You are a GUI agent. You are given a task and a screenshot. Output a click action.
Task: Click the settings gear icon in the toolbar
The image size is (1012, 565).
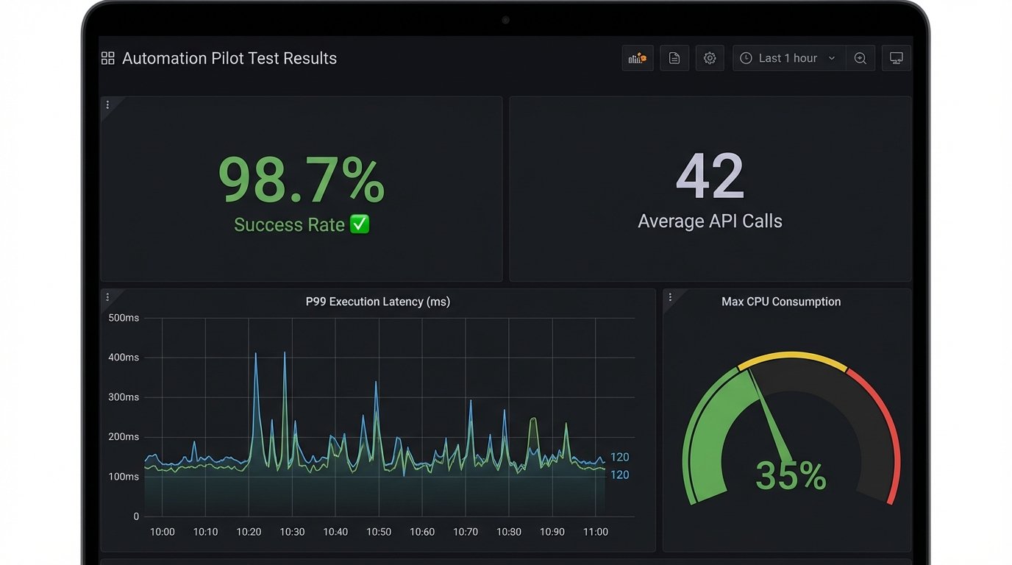710,58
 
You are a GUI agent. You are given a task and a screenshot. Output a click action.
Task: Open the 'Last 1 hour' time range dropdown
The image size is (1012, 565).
788,58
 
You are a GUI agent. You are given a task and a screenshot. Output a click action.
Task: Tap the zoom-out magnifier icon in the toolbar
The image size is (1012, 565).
860,58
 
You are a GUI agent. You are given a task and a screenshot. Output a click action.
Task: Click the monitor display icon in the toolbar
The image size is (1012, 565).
897,58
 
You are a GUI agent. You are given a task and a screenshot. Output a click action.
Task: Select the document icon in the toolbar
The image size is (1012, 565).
674,58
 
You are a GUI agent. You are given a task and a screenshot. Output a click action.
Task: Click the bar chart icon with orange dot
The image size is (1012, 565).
638,58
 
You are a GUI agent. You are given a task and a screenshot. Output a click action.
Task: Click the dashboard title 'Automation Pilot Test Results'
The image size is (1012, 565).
229,59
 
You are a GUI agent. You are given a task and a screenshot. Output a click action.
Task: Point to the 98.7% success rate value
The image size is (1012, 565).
302,180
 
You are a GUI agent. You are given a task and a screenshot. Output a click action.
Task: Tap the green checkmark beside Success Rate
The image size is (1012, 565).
360,224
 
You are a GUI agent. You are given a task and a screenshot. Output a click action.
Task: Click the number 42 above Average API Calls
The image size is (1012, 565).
710,177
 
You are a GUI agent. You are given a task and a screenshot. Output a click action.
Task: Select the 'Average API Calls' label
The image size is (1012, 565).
710,221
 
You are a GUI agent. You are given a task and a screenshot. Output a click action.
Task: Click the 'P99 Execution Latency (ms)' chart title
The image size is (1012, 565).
378,302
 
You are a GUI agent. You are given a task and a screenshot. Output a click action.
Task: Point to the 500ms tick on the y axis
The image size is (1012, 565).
124,318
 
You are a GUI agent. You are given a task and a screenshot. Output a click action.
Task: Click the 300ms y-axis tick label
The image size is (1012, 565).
124,397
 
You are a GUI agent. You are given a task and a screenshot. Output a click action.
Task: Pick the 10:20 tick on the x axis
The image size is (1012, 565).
249,532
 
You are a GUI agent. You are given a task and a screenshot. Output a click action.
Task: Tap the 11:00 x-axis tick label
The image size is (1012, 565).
595,532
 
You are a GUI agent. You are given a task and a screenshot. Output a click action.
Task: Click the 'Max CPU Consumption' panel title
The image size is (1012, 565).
781,302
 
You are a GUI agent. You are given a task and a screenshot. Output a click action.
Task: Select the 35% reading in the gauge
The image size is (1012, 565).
791,476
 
